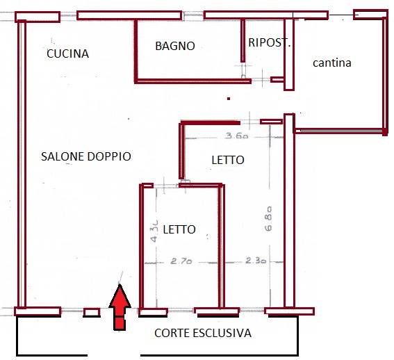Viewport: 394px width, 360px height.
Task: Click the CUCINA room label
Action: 68,54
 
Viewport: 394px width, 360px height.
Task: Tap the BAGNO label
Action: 175,46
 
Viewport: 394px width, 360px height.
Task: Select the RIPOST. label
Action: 270,42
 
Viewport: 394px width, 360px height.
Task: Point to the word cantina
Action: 332,63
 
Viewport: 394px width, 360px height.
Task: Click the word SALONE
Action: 63,156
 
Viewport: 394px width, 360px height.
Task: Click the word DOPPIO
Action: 109,156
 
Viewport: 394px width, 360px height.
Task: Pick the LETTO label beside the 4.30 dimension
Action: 179,229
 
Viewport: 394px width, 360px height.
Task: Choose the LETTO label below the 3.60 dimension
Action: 228,160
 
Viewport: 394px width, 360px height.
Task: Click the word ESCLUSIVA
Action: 222,333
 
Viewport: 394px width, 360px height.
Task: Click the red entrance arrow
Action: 120,307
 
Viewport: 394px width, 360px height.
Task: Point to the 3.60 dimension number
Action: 237,136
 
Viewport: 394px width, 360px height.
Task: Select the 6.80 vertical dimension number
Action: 268,219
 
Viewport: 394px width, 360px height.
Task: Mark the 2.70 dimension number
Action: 181,261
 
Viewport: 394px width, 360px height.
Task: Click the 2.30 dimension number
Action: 256,261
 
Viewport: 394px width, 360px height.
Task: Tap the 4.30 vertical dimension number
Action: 154,231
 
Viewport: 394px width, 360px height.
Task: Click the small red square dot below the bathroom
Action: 229,99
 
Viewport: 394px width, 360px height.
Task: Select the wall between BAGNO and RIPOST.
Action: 243,40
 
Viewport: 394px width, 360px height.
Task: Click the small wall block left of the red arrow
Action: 92,313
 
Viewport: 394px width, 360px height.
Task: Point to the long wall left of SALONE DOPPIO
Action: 22,164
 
